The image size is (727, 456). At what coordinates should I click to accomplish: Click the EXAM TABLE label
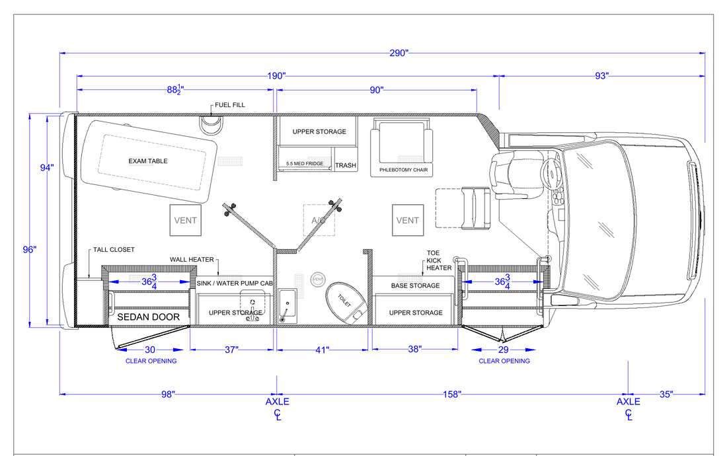(148, 161)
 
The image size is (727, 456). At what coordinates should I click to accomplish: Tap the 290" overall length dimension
(399, 54)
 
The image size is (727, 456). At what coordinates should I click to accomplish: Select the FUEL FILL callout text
(230, 105)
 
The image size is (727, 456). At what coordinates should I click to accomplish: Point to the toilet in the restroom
(346, 303)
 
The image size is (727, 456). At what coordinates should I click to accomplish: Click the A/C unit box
(319, 220)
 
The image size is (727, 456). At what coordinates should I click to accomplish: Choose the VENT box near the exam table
(186, 220)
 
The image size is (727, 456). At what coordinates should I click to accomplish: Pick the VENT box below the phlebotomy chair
(408, 220)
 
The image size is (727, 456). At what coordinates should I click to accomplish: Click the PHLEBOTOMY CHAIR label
(403, 170)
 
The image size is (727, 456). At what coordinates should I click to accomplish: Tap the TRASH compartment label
(346, 165)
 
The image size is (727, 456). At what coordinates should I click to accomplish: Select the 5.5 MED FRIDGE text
(305, 164)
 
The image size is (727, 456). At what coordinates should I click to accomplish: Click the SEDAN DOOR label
(148, 317)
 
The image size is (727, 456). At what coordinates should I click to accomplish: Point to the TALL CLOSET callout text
(114, 250)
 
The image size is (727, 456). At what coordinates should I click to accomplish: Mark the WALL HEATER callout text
(192, 260)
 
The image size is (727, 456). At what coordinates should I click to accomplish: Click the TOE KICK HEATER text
(439, 260)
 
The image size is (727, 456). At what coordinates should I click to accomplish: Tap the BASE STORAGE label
(416, 286)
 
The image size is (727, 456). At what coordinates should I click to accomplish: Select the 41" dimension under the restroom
(323, 350)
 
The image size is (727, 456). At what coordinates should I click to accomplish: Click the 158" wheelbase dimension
(452, 395)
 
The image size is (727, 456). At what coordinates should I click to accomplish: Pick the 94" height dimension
(47, 168)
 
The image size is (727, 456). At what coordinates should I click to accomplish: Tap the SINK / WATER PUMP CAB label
(235, 283)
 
